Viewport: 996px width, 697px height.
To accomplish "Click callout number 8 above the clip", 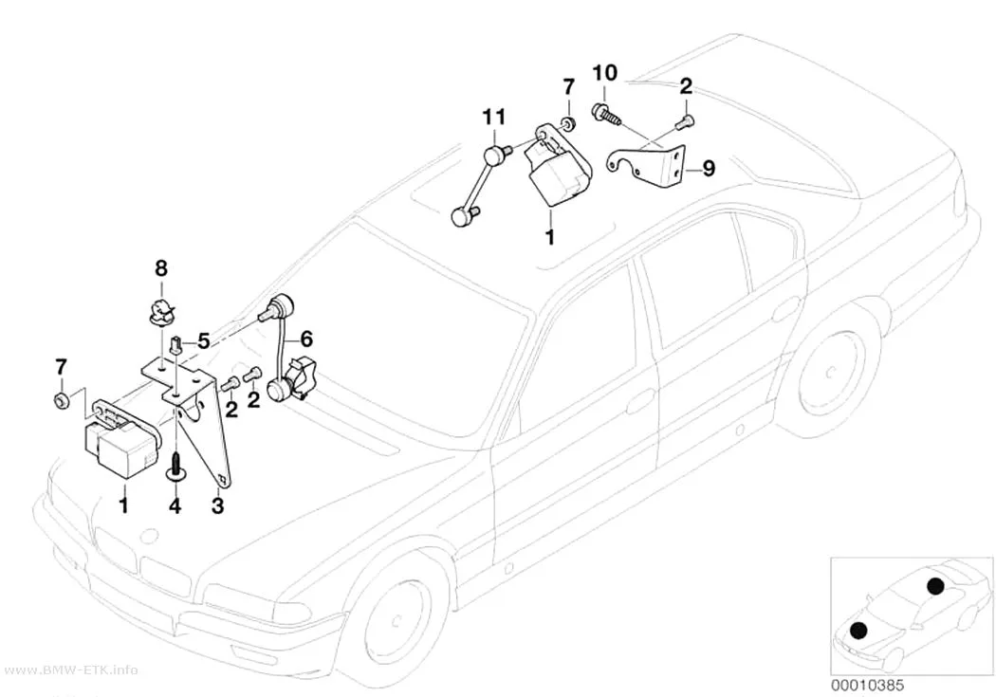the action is click(161, 268).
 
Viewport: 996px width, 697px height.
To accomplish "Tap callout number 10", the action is click(605, 73).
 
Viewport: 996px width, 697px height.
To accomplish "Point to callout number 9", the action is click(708, 168).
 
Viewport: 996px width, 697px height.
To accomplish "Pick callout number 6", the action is click(306, 339).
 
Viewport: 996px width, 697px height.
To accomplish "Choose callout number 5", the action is click(203, 341).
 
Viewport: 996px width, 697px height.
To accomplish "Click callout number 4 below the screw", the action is click(175, 506).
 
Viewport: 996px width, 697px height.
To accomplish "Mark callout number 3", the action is click(218, 506).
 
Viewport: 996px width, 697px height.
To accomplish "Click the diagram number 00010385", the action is click(867, 685).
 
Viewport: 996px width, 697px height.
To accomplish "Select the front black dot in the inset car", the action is click(858, 630).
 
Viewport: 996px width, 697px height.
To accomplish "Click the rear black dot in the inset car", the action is click(934, 587).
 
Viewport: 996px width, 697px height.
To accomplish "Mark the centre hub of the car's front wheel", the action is click(397, 620).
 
